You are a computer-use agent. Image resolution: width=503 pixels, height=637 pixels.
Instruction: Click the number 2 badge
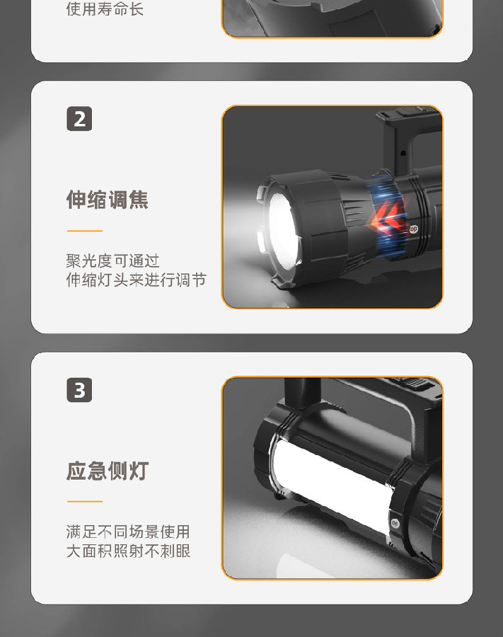tap(79, 119)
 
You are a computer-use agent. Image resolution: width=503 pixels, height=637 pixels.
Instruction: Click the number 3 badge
tap(79, 390)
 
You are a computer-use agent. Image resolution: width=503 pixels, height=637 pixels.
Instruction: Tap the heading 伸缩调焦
tap(107, 200)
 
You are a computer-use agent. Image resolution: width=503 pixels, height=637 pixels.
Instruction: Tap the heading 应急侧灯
tap(107, 471)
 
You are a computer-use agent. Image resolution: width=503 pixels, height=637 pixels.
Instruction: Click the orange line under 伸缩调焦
tap(85, 231)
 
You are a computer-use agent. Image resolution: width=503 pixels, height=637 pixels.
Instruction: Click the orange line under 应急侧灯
tap(85, 502)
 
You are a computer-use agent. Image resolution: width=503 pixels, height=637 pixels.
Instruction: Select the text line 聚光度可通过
tap(113, 260)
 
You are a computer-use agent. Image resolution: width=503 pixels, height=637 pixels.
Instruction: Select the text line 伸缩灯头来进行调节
tap(137, 280)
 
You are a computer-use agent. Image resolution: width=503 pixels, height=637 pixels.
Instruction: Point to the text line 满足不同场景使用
tap(128, 532)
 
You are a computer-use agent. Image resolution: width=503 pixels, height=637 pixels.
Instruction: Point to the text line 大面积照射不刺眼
tap(128, 551)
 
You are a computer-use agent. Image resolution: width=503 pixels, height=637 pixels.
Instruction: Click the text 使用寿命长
tap(105, 9)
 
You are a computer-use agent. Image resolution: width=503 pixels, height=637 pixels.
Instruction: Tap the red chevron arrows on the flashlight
tap(387, 218)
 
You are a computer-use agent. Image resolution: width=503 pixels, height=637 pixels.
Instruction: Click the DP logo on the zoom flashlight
tap(413, 229)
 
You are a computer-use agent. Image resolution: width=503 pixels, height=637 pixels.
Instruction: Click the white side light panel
tap(331, 483)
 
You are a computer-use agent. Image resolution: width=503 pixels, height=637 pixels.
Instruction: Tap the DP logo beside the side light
tap(395, 523)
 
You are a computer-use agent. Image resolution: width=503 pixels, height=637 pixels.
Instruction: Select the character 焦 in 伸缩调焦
tap(138, 200)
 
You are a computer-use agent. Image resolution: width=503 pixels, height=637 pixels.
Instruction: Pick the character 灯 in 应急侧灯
tap(138, 471)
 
